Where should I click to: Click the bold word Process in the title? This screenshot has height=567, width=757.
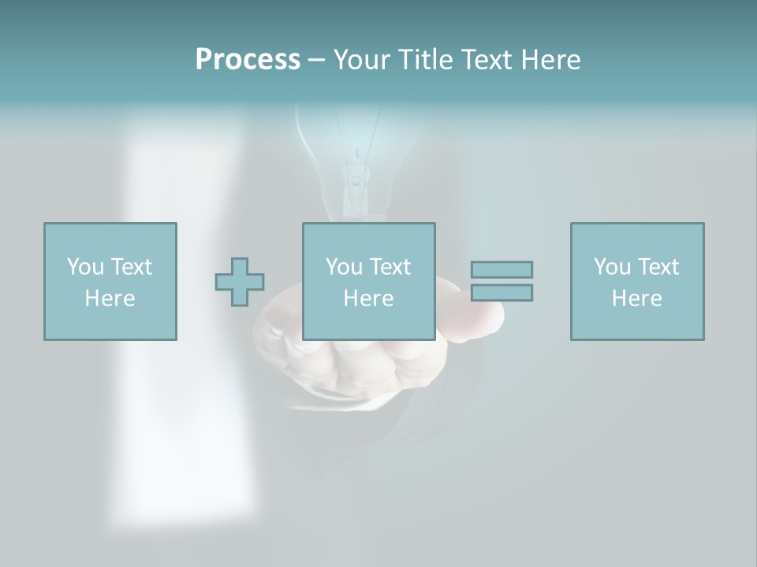click(248, 60)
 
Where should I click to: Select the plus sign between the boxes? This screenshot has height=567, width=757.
click(240, 282)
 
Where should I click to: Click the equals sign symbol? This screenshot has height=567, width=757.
click(502, 281)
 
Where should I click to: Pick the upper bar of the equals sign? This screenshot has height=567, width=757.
click(502, 270)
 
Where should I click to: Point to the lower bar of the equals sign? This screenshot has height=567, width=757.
click(502, 292)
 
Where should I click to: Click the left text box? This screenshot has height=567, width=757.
click(110, 281)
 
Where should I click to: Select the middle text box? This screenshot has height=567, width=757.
click(368, 281)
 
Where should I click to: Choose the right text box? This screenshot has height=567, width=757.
click(637, 281)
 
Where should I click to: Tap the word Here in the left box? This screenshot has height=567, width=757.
click(110, 298)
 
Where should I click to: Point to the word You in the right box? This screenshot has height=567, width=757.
click(612, 267)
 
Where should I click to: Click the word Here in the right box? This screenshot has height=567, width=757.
click(636, 298)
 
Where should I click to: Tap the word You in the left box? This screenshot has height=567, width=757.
click(85, 267)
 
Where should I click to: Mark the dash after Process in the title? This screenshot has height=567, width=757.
click(316, 60)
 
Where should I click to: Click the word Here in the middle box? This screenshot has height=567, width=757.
click(368, 298)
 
